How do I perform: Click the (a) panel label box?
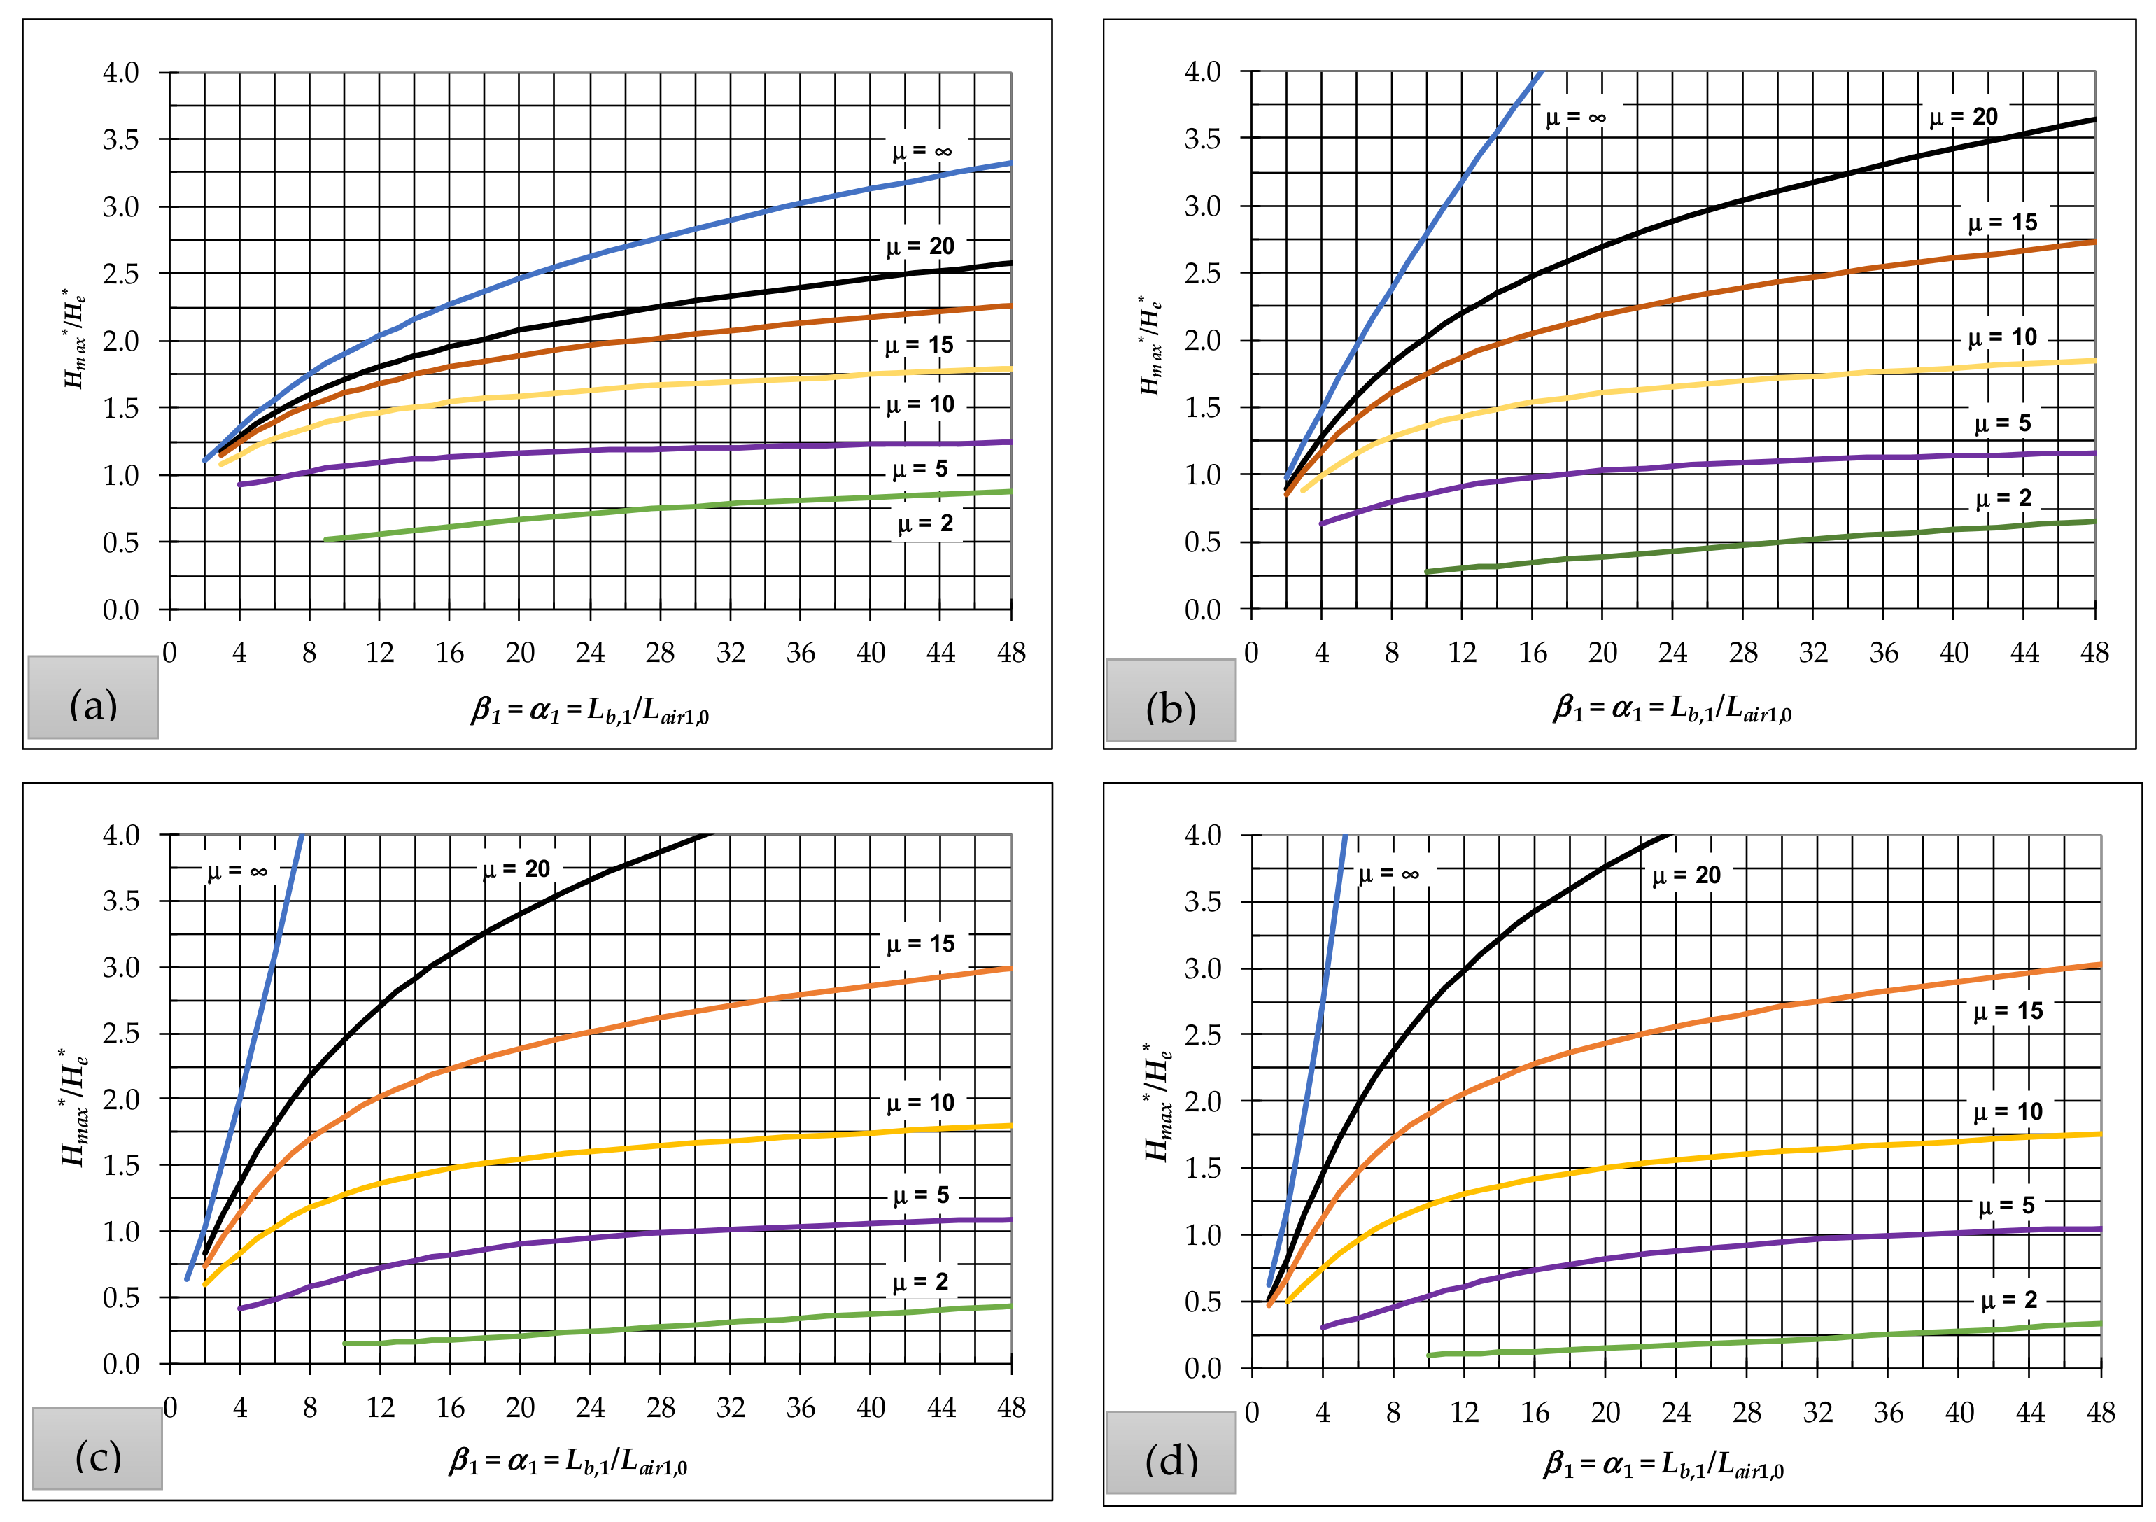coord(93,697)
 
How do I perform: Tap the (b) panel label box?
coord(1170,700)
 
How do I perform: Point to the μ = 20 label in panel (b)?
coord(1963,118)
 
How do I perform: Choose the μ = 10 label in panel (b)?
coord(2002,337)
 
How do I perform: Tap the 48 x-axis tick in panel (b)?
coord(2094,653)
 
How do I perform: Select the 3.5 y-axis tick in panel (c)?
coord(120,901)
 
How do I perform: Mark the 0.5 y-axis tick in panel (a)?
coord(120,543)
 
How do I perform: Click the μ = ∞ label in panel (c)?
coord(237,871)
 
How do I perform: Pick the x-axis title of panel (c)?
coord(568,1461)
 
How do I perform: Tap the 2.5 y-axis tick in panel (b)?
coord(1202,273)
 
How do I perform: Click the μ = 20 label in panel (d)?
coord(1686,875)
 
